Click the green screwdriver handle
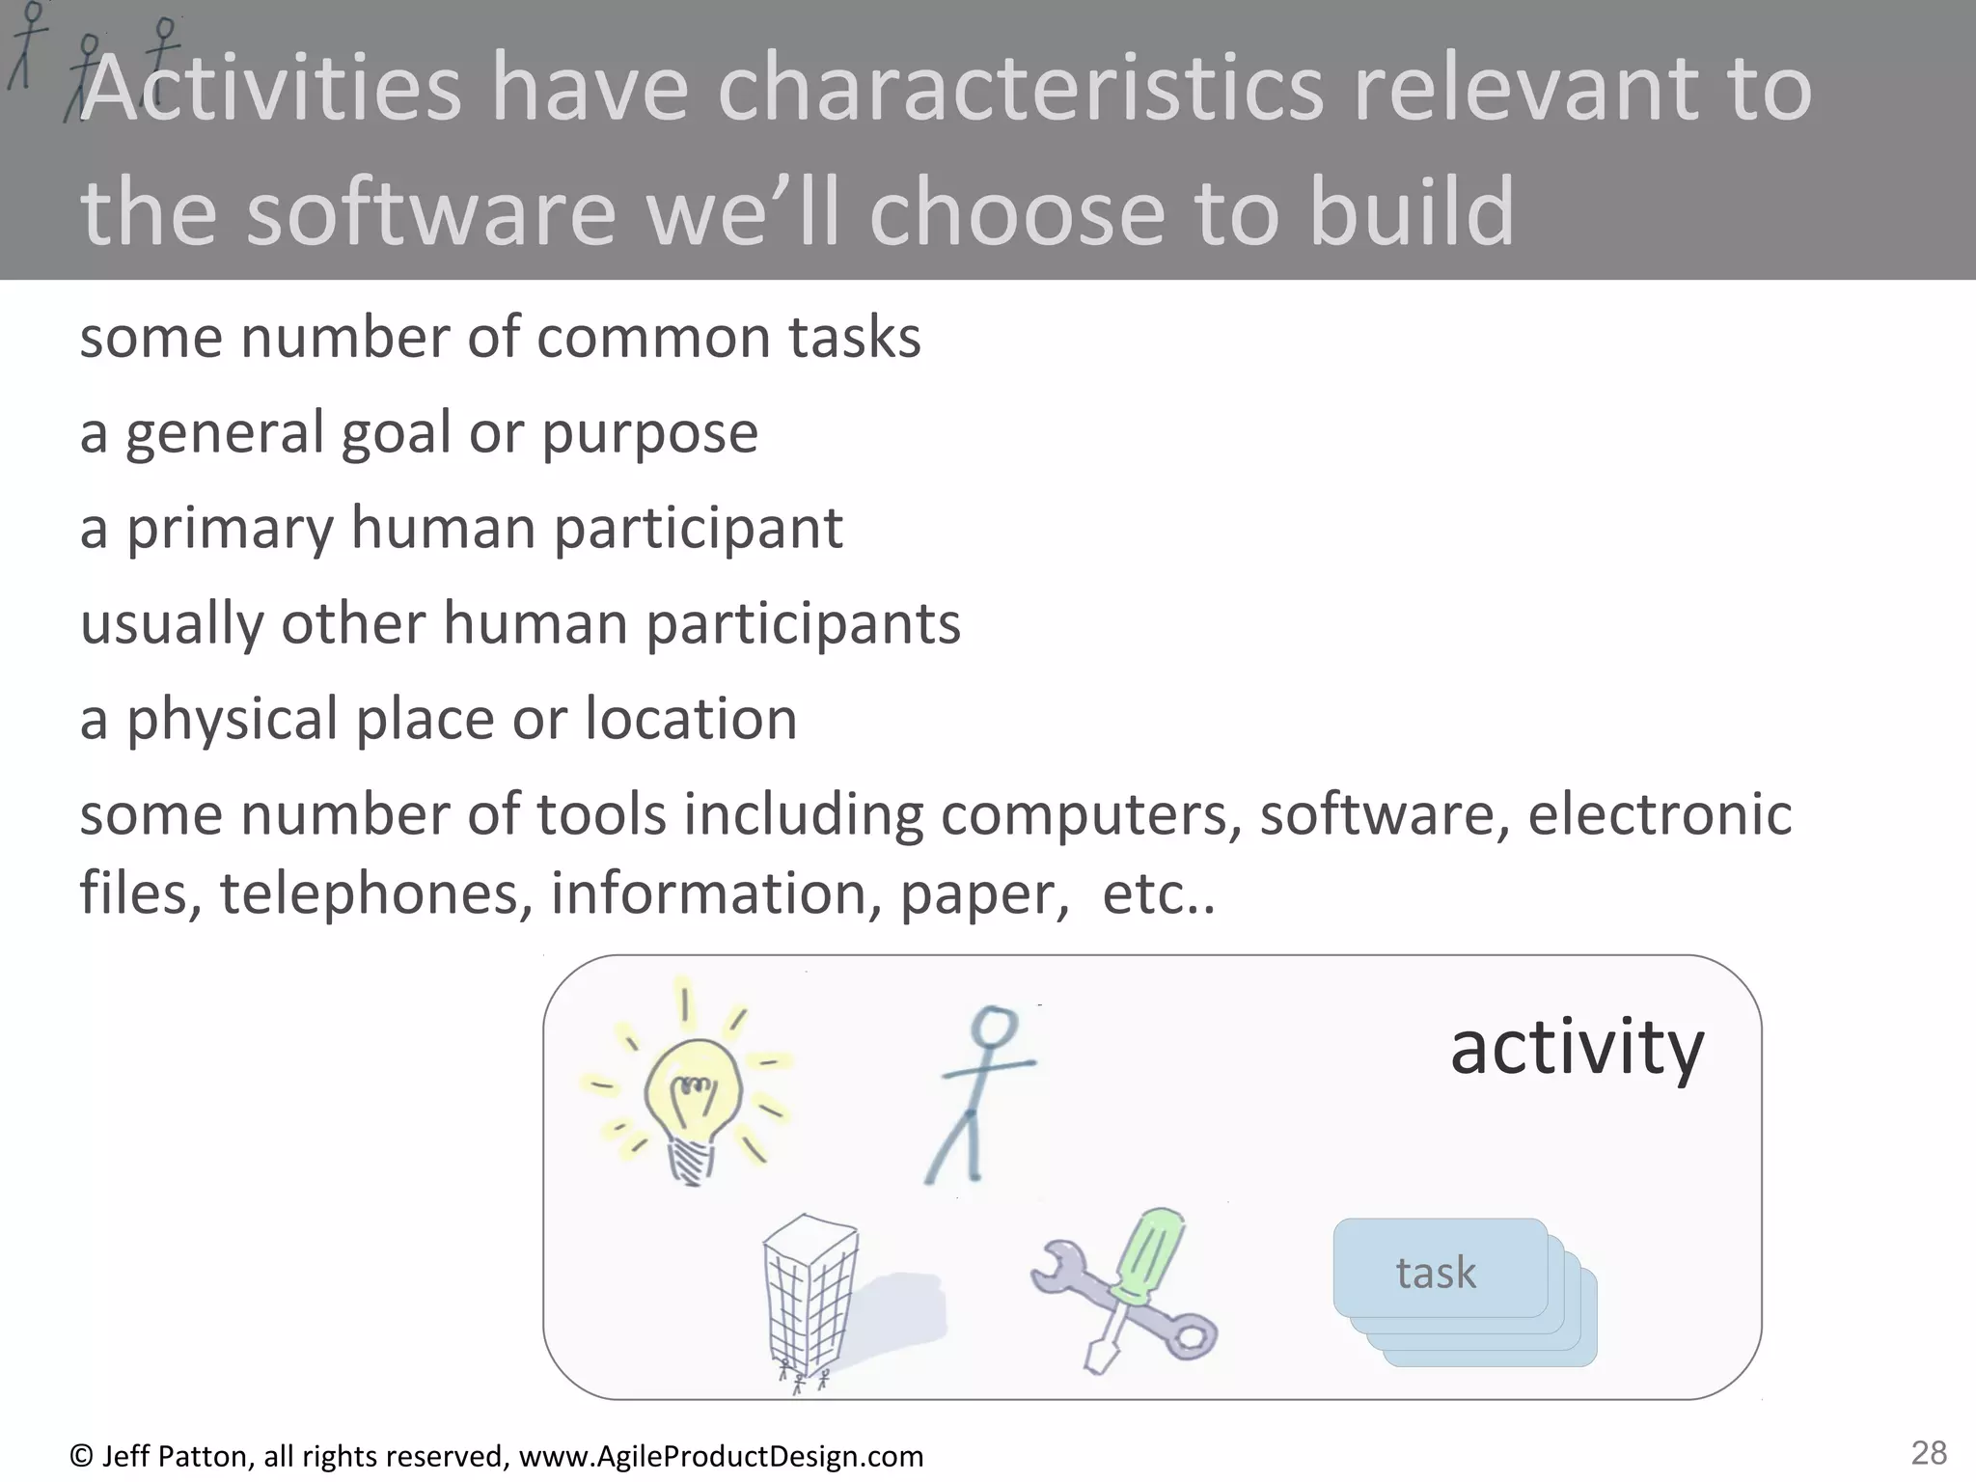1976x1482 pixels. pos(1148,1254)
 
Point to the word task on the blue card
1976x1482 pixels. pos(1436,1274)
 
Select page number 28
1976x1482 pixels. pos(1929,1452)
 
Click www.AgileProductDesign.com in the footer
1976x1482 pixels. pos(721,1456)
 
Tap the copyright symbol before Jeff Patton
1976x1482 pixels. pos(81,1456)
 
